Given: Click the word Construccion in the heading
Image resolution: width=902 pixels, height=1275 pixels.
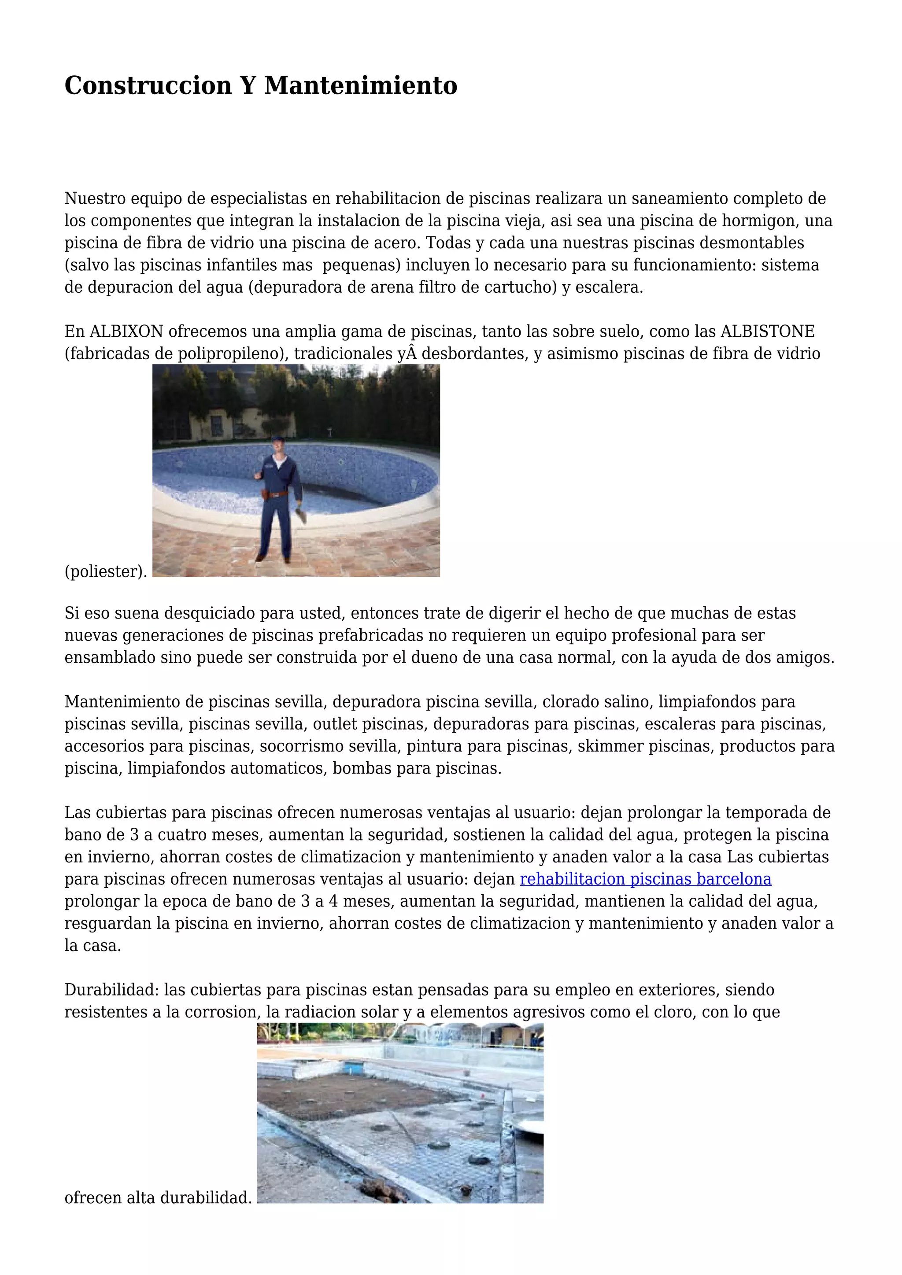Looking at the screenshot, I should [x=148, y=86].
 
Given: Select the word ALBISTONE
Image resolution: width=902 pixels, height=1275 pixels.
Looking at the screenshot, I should [x=767, y=332].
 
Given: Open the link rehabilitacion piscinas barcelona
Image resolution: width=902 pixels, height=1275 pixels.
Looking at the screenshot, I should [x=645, y=879].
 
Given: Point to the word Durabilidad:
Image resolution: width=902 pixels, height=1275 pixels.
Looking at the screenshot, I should [x=111, y=990].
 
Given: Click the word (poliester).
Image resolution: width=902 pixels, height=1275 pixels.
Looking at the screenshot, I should [x=106, y=571].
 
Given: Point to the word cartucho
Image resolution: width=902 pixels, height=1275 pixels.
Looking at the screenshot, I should [x=521, y=287].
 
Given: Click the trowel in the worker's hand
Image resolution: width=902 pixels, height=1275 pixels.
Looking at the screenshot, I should [x=302, y=516].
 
